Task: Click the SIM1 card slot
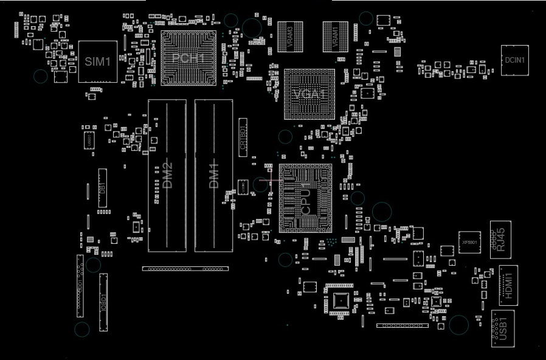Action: point(97,61)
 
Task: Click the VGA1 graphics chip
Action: point(309,94)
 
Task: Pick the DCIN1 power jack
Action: point(515,60)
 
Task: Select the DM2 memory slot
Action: point(167,176)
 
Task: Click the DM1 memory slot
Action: point(213,176)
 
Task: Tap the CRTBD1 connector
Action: point(243,137)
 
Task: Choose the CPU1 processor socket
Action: point(305,198)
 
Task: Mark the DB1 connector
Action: point(102,188)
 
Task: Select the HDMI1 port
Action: point(508,285)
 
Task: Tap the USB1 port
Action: point(503,328)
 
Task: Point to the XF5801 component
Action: point(469,242)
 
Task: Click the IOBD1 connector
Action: point(103,302)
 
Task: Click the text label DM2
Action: point(167,176)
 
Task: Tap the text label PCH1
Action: point(188,58)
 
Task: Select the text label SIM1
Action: point(97,61)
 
